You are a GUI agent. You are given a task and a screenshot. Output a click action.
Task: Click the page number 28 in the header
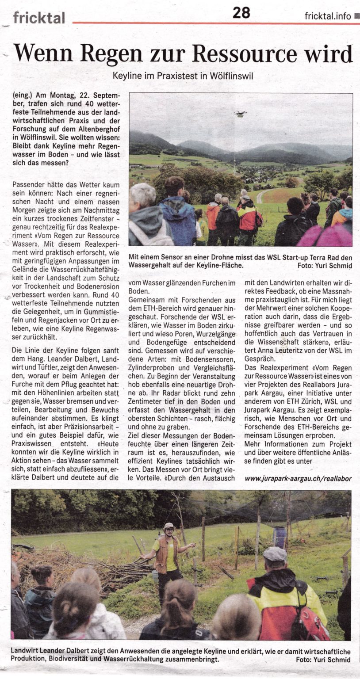pyautogui.click(x=241, y=13)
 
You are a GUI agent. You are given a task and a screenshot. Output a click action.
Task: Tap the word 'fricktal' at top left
pyautogui.click(x=39, y=17)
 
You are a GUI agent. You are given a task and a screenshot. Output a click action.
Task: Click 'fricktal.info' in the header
pyautogui.click(x=328, y=16)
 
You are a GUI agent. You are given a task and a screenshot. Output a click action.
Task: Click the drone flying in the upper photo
pyautogui.click(x=241, y=113)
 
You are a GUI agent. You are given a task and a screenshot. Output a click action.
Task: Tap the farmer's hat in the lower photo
pyautogui.click(x=169, y=526)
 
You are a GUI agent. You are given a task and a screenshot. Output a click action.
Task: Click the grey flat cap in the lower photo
pyautogui.click(x=275, y=553)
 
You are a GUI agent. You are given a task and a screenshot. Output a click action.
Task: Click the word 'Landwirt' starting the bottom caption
pyautogui.click(x=26, y=652)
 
